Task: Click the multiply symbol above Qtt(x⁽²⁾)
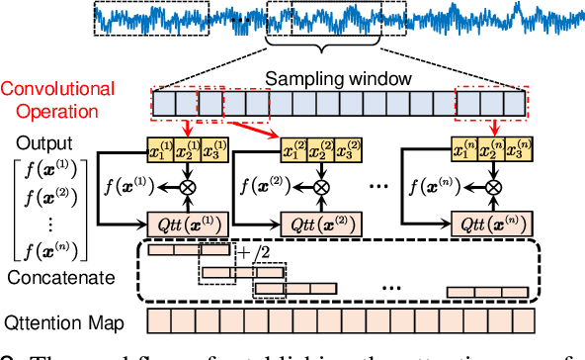pos(320,185)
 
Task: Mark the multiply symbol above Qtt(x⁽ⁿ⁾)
pos(487,185)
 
